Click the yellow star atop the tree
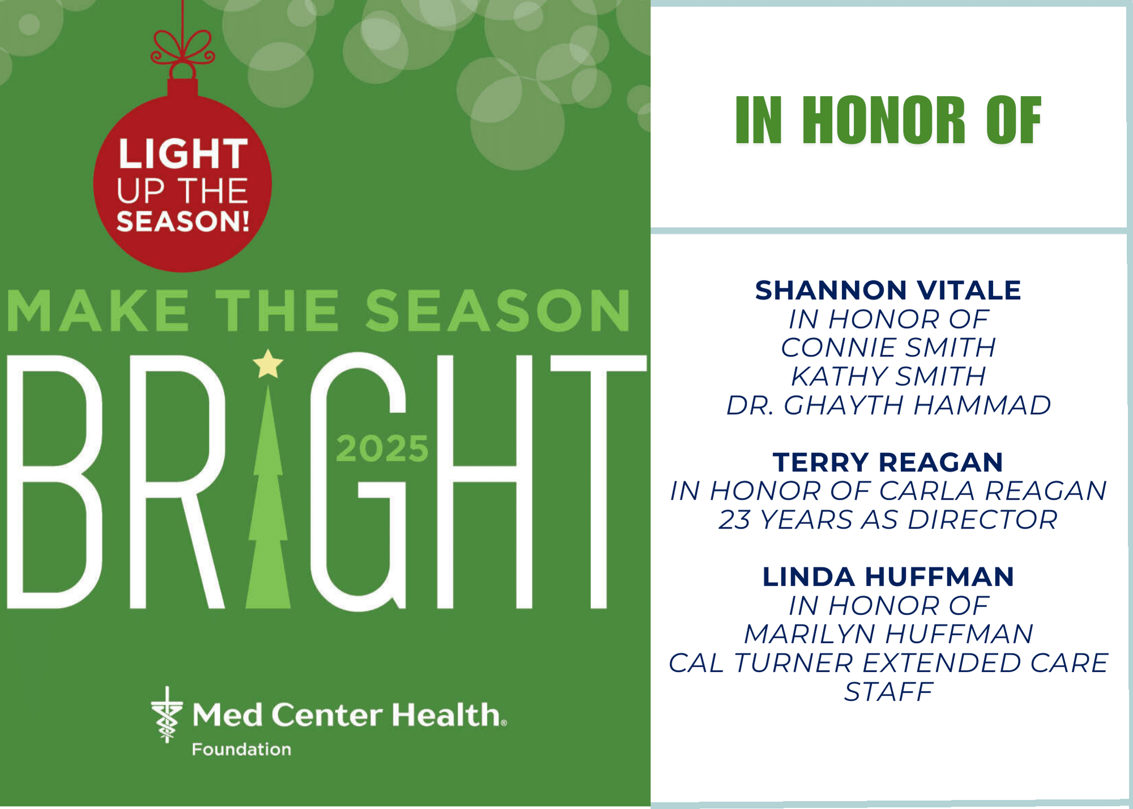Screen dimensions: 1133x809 point(268,364)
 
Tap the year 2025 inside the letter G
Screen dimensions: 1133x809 point(382,449)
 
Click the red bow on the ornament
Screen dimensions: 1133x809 point(182,48)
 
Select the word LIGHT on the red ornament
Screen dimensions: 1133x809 point(183,154)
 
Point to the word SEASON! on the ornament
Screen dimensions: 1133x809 point(183,221)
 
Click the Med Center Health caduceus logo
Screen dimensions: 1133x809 point(167,715)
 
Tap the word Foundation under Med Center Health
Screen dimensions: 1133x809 point(241,750)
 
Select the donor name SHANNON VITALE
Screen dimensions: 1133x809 point(888,291)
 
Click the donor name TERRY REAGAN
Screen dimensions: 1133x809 point(888,462)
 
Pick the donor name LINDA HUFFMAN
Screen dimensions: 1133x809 point(888,577)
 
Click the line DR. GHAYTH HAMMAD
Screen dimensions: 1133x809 point(888,406)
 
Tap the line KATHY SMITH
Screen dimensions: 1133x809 point(888,377)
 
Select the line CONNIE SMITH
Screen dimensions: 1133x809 point(888,348)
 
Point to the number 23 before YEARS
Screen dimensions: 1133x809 point(735,520)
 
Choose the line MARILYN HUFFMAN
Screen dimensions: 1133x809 point(888,635)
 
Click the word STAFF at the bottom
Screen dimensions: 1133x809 point(888,692)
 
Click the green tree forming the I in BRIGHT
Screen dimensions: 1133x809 point(269,496)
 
